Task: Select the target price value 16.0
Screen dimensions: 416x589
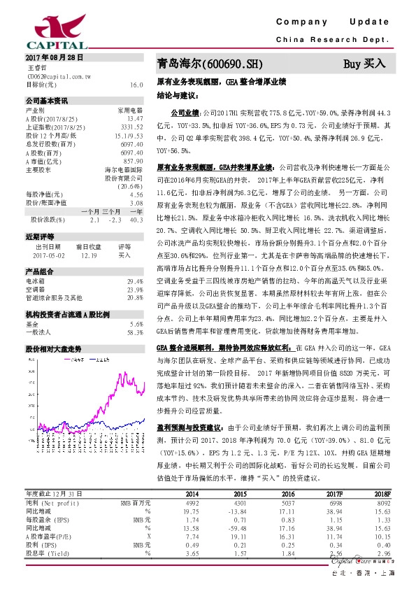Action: tap(136, 84)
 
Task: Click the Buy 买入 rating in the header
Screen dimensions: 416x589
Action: tap(364, 64)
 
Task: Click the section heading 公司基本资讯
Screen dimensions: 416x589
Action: tap(46, 100)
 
